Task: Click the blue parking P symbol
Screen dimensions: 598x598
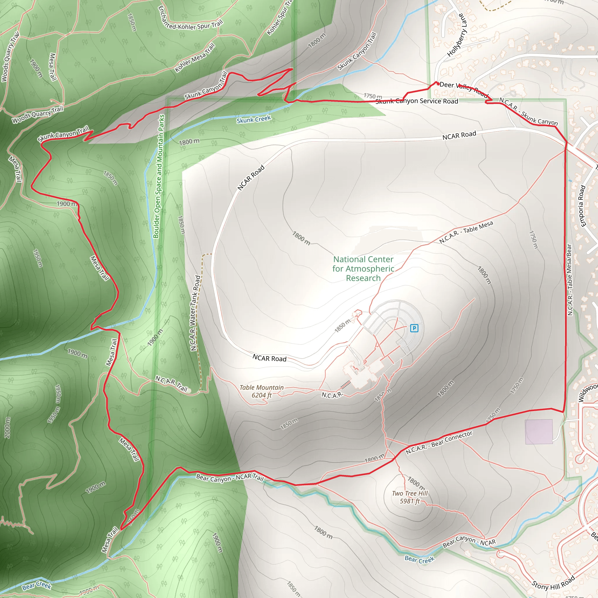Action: pos(414,328)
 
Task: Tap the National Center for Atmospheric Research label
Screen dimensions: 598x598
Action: pos(363,269)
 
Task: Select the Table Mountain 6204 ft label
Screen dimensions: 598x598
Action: pos(262,391)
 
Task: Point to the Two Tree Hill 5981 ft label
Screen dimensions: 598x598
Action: pos(410,497)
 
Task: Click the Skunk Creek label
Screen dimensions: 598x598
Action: pos(254,119)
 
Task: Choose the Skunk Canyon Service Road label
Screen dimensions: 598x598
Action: pos(417,101)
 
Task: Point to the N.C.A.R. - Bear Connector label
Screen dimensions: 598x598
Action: pos(439,443)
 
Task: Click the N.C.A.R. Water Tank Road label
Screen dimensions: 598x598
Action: pos(195,313)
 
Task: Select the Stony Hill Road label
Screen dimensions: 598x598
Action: pos(553,582)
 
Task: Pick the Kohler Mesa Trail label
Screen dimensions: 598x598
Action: pos(195,58)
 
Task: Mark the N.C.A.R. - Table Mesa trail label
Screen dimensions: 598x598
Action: pos(466,232)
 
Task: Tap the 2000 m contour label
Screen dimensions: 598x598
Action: pos(7,427)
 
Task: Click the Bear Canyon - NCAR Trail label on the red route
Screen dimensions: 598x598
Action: pos(230,478)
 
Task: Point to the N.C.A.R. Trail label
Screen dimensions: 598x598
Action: pos(171,383)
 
